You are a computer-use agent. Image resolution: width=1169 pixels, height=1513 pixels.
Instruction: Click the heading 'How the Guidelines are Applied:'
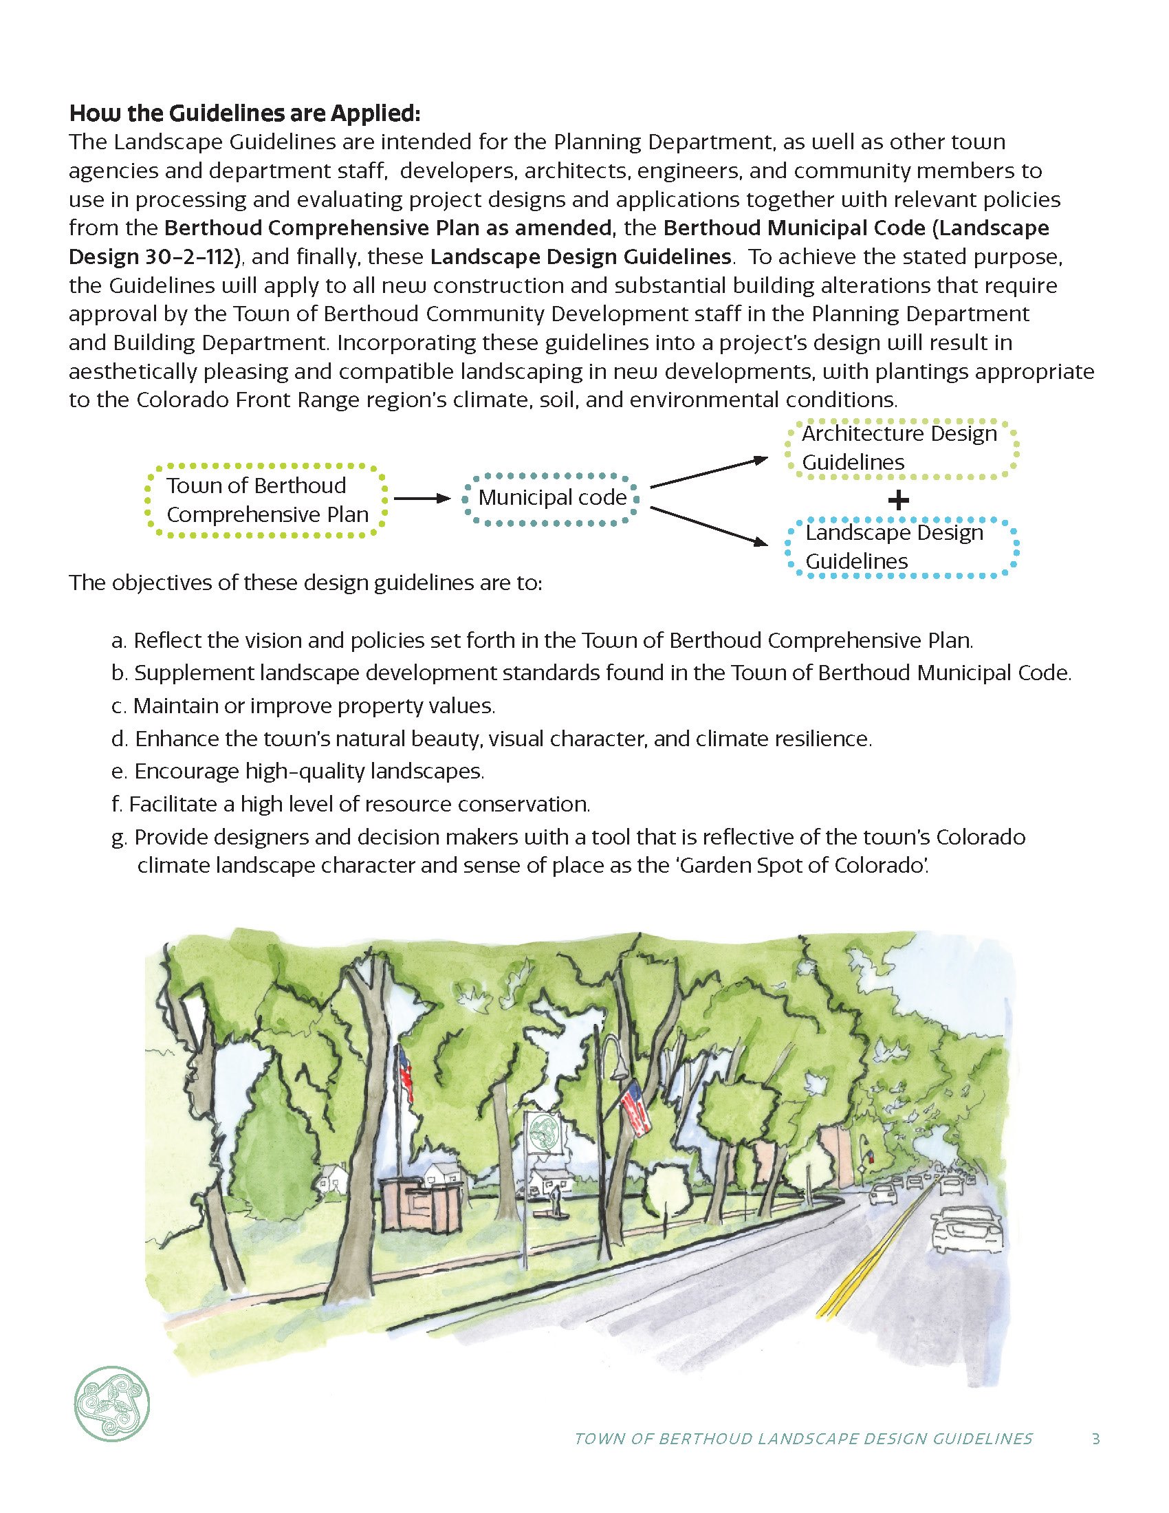pyautogui.click(x=245, y=113)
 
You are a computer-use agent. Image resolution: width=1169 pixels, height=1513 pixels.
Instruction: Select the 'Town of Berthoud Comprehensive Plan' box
pyautogui.click(x=267, y=500)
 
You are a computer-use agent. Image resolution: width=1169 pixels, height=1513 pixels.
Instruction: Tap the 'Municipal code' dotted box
pyautogui.click(x=551, y=497)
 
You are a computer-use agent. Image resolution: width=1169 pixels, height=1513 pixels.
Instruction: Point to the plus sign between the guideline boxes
pyautogui.click(x=898, y=499)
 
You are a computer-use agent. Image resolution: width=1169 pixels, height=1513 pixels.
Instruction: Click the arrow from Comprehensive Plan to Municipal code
pyautogui.click(x=421, y=498)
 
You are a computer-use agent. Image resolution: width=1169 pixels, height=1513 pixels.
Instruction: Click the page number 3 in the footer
pyautogui.click(x=1095, y=1439)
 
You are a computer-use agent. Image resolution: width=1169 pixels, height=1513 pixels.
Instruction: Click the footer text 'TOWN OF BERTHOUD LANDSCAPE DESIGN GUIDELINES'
pyautogui.click(x=803, y=1439)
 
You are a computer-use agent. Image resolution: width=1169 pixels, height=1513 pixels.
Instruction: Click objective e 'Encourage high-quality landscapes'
pyautogui.click(x=298, y=771)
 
